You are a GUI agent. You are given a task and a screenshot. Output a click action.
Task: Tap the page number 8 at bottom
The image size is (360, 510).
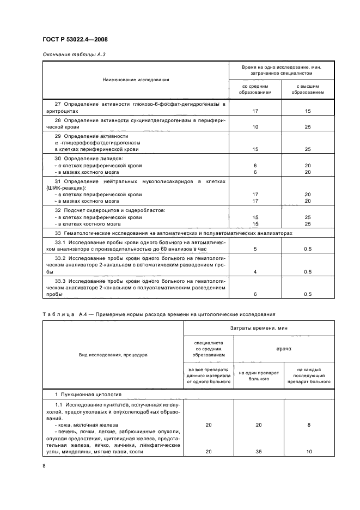[44, 465]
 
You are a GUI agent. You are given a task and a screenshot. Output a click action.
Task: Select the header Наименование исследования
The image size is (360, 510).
[136, 80]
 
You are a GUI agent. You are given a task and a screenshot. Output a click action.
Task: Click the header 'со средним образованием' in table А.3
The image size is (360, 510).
[254, 89]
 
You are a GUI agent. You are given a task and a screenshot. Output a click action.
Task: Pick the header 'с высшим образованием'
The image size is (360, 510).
[308, 89]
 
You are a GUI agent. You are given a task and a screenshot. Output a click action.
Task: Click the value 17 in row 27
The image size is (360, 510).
[255, 111]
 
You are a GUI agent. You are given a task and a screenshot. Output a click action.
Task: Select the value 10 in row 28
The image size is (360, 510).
[255, 127]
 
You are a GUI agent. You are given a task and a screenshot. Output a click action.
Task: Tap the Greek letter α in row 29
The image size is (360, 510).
[57, 142]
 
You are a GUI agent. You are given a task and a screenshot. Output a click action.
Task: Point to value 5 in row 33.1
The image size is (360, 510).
[255, 248]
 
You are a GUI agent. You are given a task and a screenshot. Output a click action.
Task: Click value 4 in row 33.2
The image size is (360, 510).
[255, 271]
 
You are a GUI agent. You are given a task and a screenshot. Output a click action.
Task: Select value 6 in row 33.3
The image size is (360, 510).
[255, 294]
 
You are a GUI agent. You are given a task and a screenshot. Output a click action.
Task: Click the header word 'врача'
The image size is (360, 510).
[284, 348]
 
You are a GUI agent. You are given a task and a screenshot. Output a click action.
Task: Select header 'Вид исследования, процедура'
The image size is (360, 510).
[113, 355]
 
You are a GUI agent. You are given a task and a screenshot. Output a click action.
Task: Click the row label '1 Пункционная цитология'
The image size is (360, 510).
[88, 393]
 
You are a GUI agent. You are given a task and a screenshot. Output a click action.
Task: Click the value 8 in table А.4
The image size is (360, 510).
[309, 424]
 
